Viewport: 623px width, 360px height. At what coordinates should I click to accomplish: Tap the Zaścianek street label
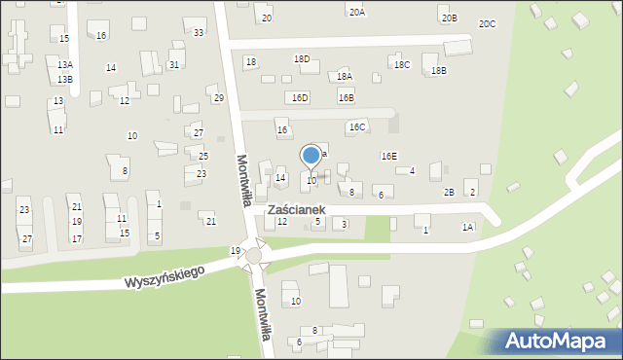click(303, 209)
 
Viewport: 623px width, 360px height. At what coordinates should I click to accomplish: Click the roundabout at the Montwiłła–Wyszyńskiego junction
click(255, 255)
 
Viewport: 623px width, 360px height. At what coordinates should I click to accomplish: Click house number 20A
click(357, 12)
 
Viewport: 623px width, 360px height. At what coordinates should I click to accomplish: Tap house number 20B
click(448, 18)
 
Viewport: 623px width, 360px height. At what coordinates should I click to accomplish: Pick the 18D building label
click(302, 59)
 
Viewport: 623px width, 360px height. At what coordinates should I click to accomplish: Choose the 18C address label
click(402, 64)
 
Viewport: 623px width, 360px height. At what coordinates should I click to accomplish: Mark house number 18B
click(439, 71)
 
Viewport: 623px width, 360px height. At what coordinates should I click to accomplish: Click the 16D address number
click(300, 97)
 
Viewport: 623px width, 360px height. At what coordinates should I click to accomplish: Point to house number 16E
click(389, 156)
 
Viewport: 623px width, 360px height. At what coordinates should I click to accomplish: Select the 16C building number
click(357, 127)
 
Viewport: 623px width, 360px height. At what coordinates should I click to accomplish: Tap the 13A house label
click(65, 64)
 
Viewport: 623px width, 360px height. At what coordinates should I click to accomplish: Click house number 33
click(199, 33)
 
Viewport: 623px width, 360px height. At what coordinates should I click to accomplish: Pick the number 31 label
click(173, 64)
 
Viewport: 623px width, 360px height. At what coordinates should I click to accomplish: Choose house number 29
click(219, 97)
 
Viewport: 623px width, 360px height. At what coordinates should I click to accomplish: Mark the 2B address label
click(449, 192)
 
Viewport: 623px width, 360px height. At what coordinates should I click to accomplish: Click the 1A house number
click(468, 227)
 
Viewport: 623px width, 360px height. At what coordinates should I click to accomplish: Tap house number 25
click(203, 156)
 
